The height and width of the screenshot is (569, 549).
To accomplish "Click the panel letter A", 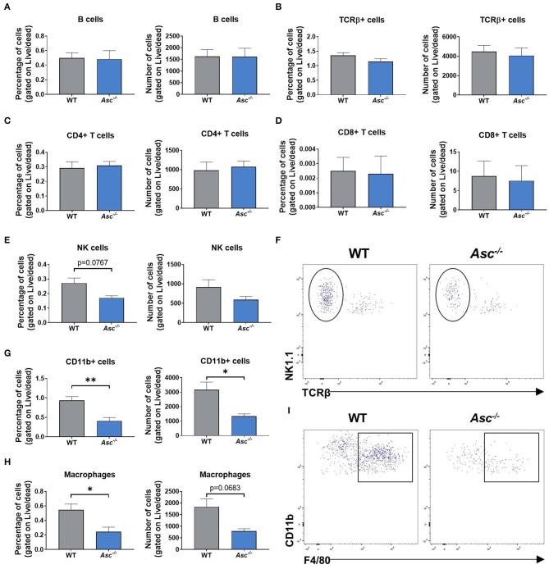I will click(x=6, y=6).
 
